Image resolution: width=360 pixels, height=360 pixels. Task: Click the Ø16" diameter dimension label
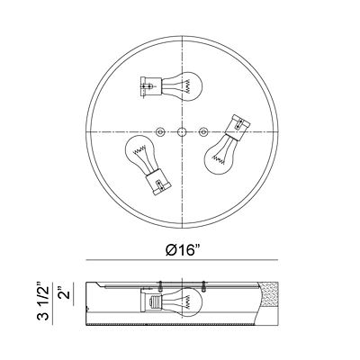coord(184,250)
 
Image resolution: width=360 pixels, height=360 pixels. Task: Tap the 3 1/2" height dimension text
coord(43,301)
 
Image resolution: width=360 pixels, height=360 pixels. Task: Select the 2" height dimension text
coord(65,291)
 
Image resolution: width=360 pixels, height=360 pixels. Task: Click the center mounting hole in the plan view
coord(181,131)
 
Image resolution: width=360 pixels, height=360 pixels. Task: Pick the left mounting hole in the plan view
coord(160,131)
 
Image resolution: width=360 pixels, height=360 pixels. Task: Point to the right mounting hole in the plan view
coord(203,131)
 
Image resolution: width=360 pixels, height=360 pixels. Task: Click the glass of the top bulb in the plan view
coord(183,86)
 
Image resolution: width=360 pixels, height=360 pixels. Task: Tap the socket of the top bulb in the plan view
coord(151,86)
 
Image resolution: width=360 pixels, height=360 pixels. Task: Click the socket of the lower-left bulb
coord(157,184)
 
